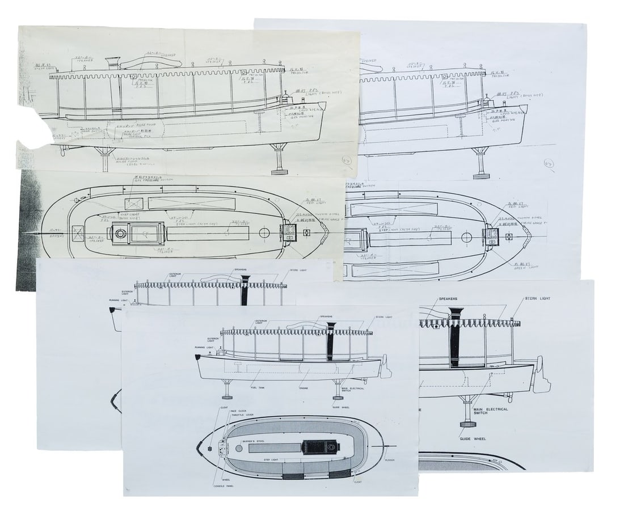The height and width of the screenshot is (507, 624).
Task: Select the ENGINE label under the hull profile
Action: pos(307,387)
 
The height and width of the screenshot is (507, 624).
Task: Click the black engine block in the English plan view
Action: pos(319,447)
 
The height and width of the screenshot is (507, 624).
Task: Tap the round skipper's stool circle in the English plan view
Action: pos(239,449)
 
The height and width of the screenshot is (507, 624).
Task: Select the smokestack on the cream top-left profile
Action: pos(111,64)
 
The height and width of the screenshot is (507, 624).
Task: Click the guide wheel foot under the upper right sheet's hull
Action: pos(481,170)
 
